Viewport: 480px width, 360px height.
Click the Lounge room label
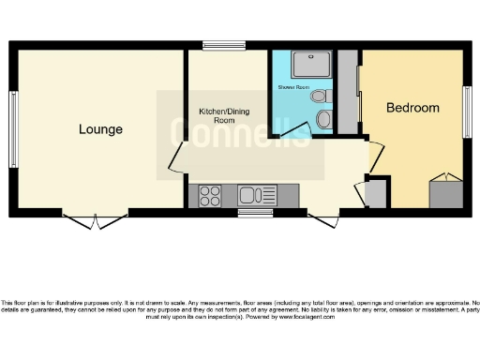[100, 129]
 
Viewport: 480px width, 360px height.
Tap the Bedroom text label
[412, 108]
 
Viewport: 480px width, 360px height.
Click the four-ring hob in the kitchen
[210, 196]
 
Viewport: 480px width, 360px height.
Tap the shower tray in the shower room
[308, 64]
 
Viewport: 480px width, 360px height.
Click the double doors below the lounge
[98, 220]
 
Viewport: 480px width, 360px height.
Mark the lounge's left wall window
[13, 116]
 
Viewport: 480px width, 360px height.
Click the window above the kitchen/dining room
[224, 45]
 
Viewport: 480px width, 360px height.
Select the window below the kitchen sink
[254, 213]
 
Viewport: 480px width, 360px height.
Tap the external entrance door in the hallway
[324, 218]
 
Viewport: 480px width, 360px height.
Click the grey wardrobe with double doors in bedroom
[445, 191]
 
